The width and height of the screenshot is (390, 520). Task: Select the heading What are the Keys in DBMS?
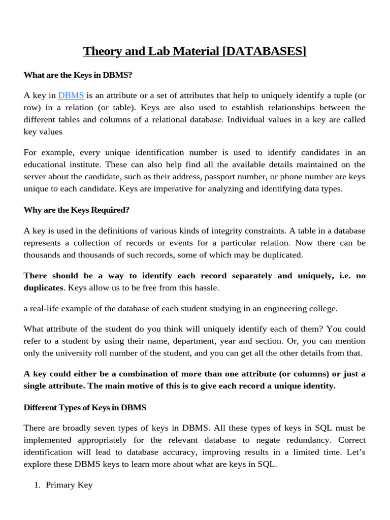click(78, 75)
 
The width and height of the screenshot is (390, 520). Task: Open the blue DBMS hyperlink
click(71, 95)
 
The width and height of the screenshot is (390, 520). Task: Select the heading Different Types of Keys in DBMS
click(85, 407)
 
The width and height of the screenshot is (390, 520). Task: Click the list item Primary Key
click(69, 485)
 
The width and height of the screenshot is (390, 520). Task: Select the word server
click(36, 177)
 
